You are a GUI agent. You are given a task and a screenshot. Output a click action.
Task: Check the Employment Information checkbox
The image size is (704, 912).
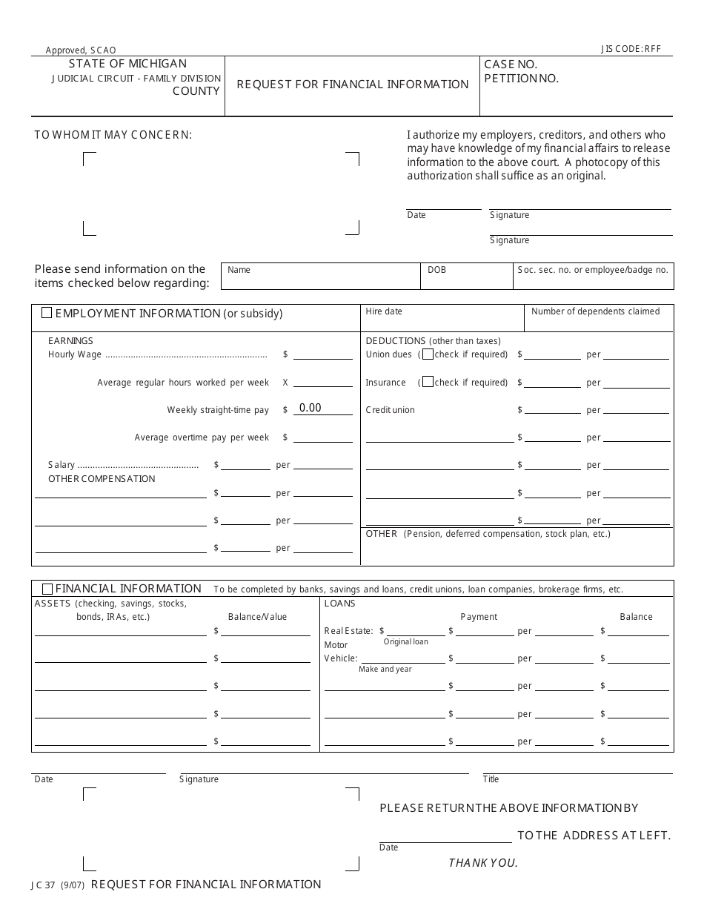[47, 313]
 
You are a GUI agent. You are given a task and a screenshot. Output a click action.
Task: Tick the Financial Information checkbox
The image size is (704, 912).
[47, 589]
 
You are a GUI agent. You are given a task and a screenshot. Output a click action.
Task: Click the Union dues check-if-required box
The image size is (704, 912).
[428, 354]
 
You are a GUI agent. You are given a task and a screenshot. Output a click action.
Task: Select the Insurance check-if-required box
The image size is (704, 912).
[428, 383]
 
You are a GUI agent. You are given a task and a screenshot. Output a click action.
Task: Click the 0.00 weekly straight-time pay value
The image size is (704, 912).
[311, 408]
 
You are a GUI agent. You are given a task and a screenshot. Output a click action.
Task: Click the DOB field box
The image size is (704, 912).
[466, 276]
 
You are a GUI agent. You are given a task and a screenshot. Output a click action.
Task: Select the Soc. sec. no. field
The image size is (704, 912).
[592, 276]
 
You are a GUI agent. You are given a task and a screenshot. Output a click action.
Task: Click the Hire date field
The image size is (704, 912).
[442, 317]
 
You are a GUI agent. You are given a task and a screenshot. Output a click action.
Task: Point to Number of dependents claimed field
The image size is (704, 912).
[599, 317]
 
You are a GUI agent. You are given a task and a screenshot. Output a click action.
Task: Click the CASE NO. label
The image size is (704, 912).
[511, 65]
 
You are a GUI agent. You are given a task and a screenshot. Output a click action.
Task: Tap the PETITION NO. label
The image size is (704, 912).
[521, 79]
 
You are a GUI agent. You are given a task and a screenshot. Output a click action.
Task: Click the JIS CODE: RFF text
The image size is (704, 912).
[631, 50]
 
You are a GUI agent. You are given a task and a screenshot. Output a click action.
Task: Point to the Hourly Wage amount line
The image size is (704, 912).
[322, 354]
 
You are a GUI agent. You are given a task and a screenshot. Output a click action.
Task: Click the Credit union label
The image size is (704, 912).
[391, 410]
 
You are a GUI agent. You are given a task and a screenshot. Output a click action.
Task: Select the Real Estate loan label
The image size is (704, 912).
[348, 631]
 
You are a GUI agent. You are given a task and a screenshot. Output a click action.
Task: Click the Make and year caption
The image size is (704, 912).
[385, 669]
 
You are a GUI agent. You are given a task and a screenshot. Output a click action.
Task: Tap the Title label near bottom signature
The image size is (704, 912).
[491, 779]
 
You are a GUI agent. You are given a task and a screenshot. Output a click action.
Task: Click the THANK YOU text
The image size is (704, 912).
[483, 862]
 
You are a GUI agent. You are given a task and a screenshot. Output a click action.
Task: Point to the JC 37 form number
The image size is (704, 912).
[47, 885]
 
